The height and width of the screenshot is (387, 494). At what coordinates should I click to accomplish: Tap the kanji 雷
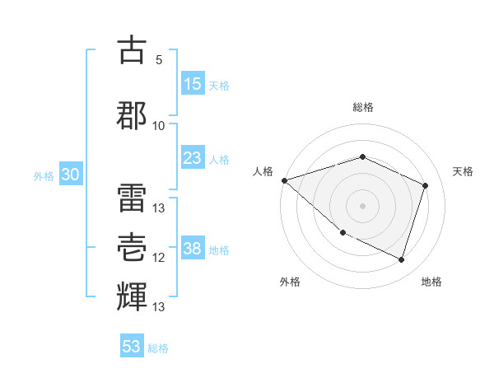coord(132,195)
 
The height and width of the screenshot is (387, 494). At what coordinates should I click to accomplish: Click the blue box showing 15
coord(193,85)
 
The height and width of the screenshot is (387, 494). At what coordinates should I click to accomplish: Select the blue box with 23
coord(193,158)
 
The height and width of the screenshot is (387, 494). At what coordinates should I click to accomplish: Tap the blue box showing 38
coord(193,249)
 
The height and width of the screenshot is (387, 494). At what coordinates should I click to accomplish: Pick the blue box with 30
coord(70,175)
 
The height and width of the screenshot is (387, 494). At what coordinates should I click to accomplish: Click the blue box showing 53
coord(132,347)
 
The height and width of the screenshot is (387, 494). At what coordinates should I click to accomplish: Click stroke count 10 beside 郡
coord(159,125)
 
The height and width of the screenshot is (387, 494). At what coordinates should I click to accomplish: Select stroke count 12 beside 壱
coord(159,258)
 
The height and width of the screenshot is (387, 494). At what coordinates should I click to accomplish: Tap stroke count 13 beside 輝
coord(159,307)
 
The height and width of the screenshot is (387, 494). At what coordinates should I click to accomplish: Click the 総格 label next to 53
coord(158,348)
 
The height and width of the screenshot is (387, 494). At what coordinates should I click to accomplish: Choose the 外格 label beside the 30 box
coord(44,176)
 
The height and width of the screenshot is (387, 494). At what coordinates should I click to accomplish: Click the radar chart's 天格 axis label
coord(464,171)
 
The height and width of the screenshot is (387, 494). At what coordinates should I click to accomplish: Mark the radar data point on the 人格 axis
coord(284,180)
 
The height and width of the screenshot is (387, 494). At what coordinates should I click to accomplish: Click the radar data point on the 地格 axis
coord(401,259)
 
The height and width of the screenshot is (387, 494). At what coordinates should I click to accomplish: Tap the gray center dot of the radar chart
coord(362,205)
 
